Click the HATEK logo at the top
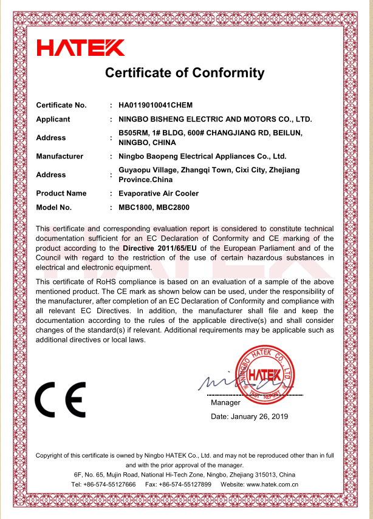pos(81,47)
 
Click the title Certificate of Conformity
pos(185,73)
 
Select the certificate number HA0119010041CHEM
pos(155,106)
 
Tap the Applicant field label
pos(53,120)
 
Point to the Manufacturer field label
pos(60,157)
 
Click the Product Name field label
pos(61,194)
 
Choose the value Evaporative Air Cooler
pos(159,194)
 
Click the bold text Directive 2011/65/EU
pos(159,248)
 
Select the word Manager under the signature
pos(225,402)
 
